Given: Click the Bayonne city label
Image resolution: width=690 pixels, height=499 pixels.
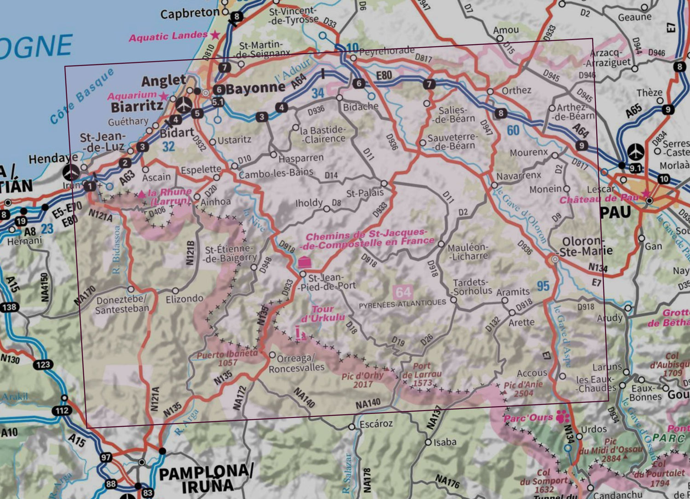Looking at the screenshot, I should point(256,89).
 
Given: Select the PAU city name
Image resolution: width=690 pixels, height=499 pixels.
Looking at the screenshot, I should point(615,212).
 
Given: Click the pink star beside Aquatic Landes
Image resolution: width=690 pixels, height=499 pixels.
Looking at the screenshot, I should point(215,35).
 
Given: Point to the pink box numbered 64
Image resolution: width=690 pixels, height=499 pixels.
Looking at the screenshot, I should point(403,292).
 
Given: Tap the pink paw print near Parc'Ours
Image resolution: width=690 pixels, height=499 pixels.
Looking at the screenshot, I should point(563,417).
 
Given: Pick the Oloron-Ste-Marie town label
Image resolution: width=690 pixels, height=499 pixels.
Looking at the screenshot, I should point(587,246).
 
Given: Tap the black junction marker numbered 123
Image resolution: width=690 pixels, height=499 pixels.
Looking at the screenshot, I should point(43,365).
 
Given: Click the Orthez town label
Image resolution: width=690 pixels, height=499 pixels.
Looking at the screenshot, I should point(516,90).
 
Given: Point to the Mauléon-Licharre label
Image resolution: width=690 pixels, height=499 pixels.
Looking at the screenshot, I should point(467,252).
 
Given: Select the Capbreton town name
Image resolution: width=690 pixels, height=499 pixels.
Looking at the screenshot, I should point(190,13).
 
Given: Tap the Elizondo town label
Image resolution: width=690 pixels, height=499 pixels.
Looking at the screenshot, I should point(184,299).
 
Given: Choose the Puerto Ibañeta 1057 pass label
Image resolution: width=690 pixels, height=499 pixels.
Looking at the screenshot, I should point(227,358).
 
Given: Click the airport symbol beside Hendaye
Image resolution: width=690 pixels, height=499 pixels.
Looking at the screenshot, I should point(71,172).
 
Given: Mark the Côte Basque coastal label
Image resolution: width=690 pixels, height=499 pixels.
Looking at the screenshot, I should point(82,96).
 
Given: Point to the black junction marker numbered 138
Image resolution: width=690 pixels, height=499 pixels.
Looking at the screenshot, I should point(10,307).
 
